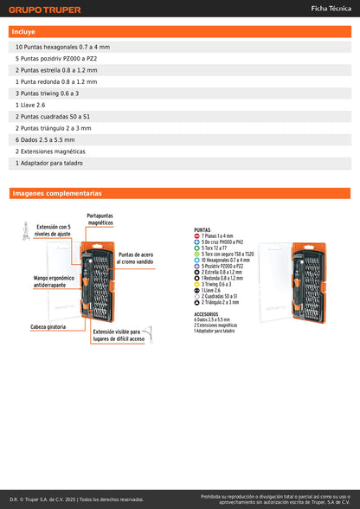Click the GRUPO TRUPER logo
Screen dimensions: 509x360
point(45,10)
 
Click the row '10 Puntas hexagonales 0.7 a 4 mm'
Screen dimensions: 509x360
point(62,47)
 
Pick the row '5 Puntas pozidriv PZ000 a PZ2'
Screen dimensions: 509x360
point(56,58)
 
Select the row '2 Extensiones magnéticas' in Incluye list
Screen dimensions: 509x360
point(51,151)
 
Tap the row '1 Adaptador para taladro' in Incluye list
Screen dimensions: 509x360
point(51,163)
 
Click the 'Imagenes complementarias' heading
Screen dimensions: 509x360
point(56,194)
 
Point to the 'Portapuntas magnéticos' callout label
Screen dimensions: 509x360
point(100,219)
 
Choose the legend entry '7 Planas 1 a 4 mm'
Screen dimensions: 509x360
point(217,236)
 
